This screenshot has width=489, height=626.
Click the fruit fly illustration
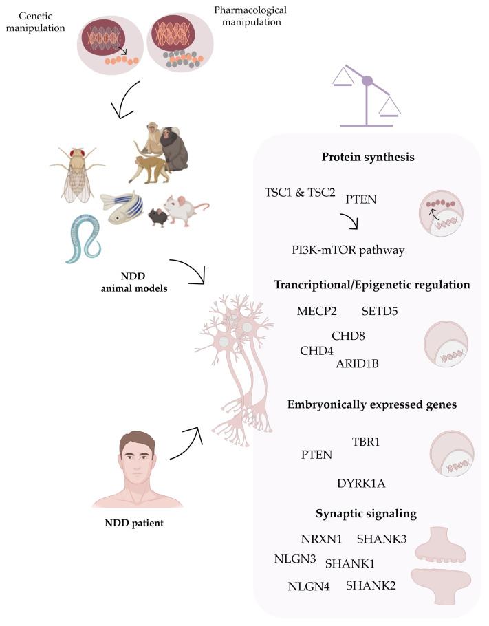tap(77, 173)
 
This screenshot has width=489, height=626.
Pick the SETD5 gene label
tap(380, 311)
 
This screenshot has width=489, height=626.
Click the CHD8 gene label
tap(348, 336)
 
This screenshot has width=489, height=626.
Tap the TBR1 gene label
tap(366, 441)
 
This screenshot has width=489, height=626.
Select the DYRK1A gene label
tap(361, 484)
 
